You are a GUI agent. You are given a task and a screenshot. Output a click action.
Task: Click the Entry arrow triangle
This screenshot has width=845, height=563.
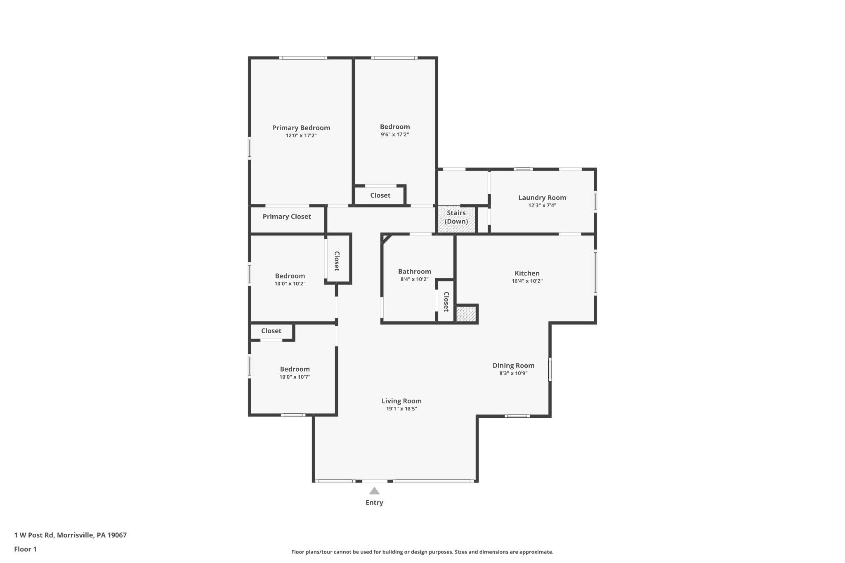(374, 491)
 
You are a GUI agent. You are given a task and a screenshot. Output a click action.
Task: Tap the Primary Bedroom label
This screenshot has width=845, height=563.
(301, 128)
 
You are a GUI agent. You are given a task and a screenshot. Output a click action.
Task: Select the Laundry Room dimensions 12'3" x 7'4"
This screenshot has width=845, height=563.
(542, 205)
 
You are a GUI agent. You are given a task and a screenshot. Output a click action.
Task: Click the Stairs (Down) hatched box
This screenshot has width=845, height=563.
(456, 219)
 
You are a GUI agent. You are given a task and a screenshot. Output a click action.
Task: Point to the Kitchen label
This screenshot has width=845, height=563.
(527, 273)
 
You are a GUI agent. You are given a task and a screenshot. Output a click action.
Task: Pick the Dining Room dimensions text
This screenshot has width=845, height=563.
(513, 373)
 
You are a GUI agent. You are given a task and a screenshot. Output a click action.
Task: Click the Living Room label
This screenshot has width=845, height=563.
(401, 401)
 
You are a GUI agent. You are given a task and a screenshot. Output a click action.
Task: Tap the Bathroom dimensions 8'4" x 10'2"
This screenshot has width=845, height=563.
(414, 279)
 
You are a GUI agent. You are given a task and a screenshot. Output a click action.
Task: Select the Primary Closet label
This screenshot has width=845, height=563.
(287, 217)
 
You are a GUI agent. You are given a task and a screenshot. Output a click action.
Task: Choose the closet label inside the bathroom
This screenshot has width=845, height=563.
(446, 302)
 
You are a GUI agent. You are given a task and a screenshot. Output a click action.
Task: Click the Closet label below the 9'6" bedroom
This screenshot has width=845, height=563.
(380, 196)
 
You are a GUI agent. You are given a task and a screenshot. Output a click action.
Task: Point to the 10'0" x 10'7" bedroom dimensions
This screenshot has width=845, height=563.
(295, 377)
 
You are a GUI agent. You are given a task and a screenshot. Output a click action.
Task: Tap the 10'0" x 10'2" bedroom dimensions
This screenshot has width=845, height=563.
(290, 284)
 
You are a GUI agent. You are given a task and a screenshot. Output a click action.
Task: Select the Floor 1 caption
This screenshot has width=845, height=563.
(26, 549)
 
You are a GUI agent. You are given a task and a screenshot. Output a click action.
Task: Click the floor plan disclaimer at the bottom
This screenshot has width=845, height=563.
(422, 552)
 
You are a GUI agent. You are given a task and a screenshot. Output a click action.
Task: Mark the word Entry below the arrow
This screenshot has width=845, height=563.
(374, 502)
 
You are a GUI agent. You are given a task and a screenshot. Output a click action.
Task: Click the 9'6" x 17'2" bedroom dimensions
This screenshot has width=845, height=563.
(395, 134)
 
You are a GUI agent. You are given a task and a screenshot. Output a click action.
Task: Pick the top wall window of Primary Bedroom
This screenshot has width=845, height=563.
(303, 58)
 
